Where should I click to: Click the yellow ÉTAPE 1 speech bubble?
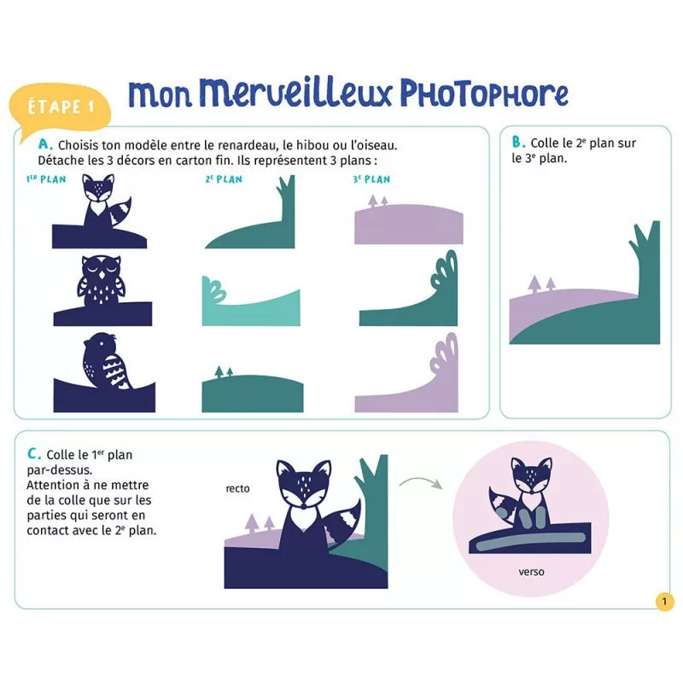click(60, 107)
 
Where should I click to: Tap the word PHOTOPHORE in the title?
click(484, 93)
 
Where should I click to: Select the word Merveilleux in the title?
click(295, 92)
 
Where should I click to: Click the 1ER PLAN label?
click(46, 179)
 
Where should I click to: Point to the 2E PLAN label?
click(224, 179)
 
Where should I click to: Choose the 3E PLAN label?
click(371, 179)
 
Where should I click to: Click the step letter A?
click(45, 143)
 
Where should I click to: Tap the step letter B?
click(518, 142)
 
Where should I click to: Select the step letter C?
click(34, 453)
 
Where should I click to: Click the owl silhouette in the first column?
click(101, 281)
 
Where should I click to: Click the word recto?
click(238, 488)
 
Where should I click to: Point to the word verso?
click(531, 571)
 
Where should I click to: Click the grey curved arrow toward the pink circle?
click(421, 481)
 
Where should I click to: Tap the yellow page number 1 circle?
click(664, 602)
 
